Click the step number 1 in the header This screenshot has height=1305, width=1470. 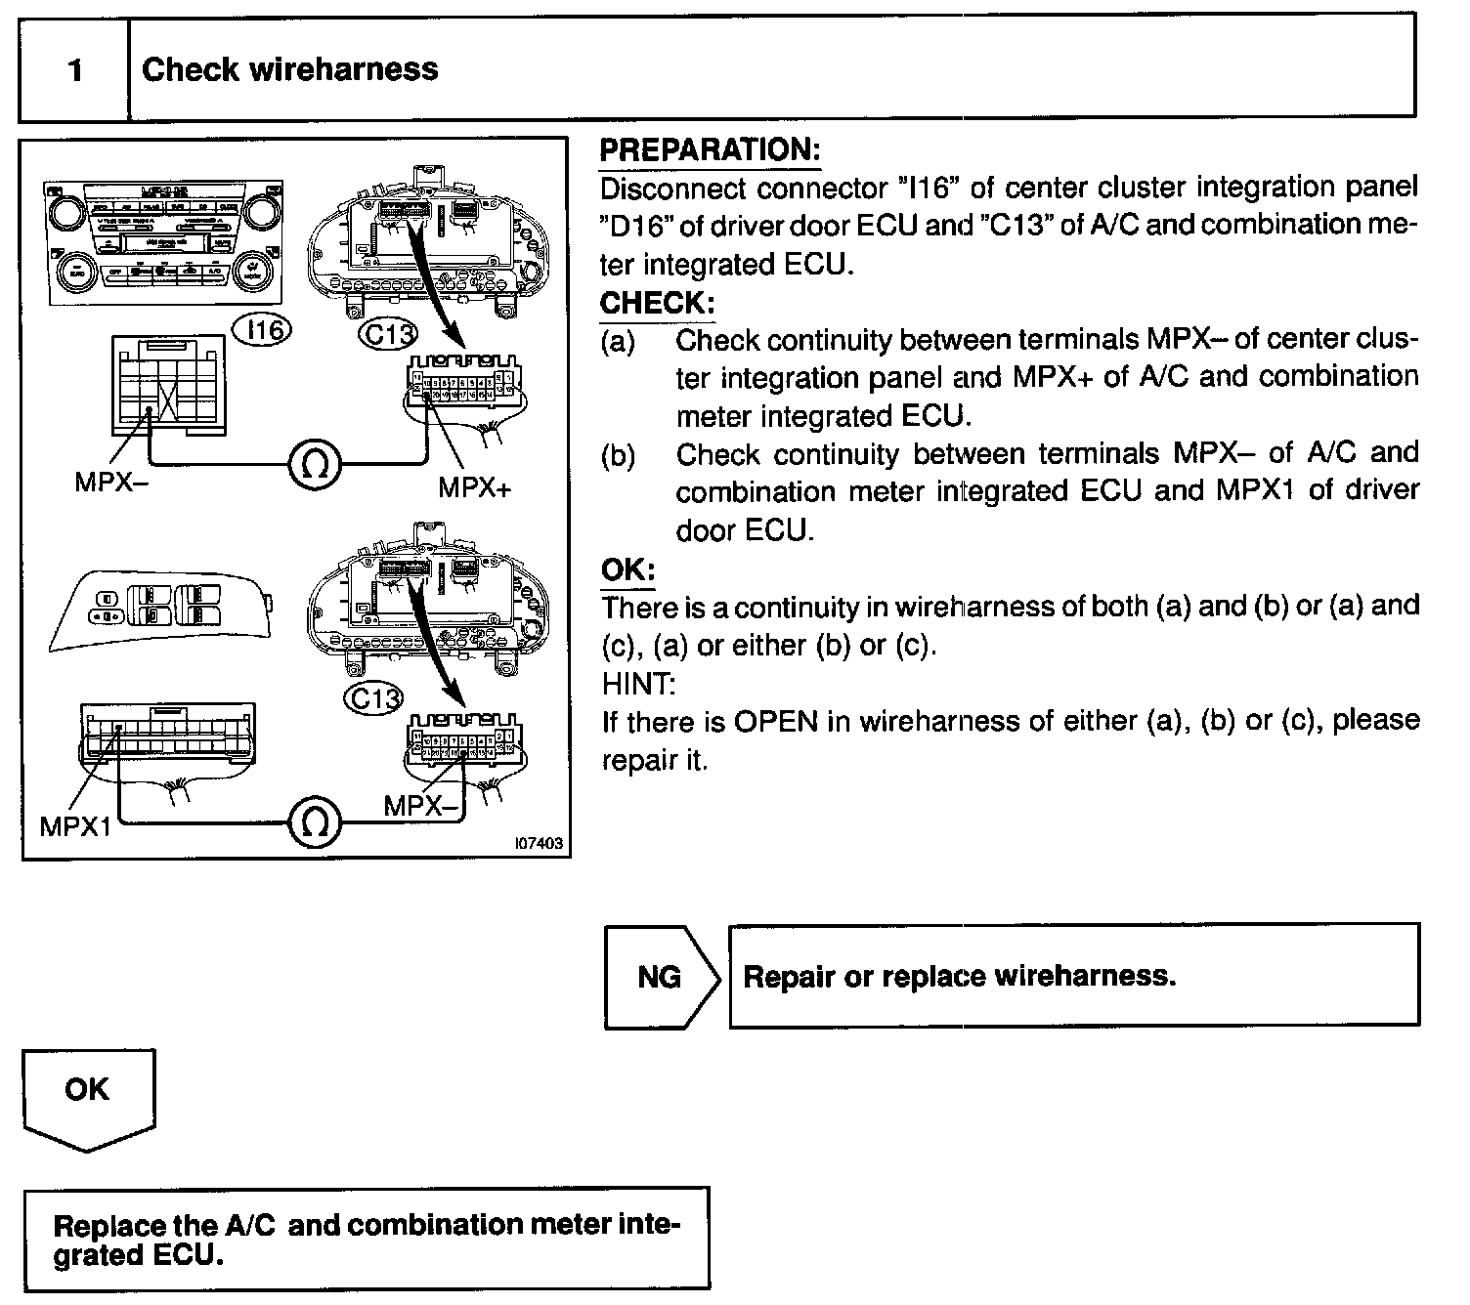point(75,70)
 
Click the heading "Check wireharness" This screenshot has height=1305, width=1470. point(290,69)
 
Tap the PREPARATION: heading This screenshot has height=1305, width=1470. point(710,150)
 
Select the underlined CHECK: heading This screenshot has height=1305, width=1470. point(658,303)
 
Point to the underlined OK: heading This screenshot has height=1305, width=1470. point(627,569)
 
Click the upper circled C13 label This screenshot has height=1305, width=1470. point(388,335)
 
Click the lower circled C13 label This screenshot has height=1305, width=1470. point(375,697)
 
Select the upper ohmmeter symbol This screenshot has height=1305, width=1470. point(315,464)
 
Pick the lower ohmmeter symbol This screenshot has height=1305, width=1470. point(315,822)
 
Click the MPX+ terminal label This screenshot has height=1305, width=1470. point(474,487)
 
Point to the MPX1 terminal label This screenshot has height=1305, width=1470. point(75,826)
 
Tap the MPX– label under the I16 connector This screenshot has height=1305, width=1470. point(111,483)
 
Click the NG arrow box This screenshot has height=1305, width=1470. point(660,977)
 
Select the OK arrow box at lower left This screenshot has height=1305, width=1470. point(88,1092)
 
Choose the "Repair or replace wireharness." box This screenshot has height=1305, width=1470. point(1073,976)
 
